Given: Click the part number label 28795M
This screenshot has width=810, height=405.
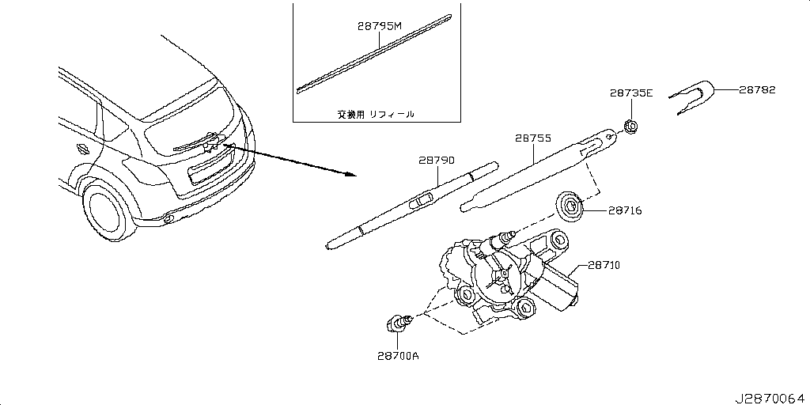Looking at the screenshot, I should coord(380,27).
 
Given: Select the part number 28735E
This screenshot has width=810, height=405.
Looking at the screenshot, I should coord(630,93).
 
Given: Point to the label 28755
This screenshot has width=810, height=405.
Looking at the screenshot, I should coord(533,137).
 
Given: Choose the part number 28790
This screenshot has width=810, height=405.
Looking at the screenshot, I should coord(436,161).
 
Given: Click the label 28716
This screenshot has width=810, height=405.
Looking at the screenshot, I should coord(624,210).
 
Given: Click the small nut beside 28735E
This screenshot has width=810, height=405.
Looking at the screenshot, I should coord(631,126).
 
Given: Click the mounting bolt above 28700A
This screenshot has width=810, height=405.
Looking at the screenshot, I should coord(398,324).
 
